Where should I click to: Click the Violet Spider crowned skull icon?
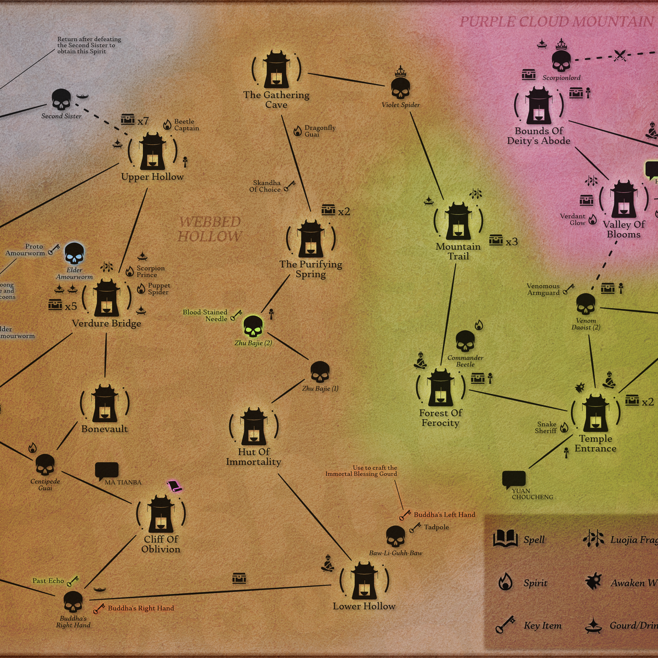(401, 87)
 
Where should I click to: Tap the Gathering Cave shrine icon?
(276, 70)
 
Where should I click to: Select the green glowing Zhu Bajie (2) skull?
(253, 326)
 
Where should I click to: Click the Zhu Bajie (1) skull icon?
(320, 372)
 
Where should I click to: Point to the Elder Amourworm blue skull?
(74, 254)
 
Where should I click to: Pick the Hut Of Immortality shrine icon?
(254, 427)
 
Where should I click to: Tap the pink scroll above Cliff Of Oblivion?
(174, 486)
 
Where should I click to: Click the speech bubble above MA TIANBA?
(106, 470)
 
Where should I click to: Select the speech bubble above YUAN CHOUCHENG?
(514, 479)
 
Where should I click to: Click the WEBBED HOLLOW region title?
(210, 229)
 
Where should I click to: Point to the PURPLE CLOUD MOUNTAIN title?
(556, 22)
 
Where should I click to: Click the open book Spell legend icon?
(505, 538)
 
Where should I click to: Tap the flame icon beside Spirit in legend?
(505, 582)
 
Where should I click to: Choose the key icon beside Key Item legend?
(505, 625)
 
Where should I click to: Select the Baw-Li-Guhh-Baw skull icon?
(395, 536)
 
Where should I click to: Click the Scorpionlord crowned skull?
(561, 59)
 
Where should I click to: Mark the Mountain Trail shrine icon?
(458, 222)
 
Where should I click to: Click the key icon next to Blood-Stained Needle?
(236, 315)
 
